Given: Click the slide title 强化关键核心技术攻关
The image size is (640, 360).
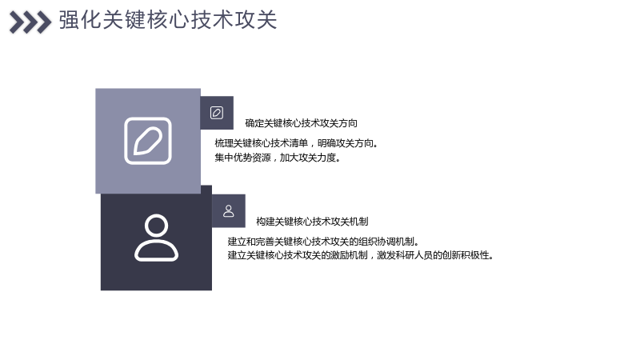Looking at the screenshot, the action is pyautogui.click(x=168, y=19).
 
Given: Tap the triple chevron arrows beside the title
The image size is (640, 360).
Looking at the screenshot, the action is pyautogui.click(x=30, y=22).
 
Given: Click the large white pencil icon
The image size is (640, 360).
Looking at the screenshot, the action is pyautogui.click(x=148, y=141).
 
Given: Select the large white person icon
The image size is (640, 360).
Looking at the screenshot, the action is pyautogui.click(x=156, y=238).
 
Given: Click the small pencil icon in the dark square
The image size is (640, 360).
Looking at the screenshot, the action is pyautogui.click(x=217, y=113).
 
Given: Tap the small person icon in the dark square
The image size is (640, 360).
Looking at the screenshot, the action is pyautogui.click(x=229, y=211).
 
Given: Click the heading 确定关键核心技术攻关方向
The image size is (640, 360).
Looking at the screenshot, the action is pyautogui.click(x=302, y=123).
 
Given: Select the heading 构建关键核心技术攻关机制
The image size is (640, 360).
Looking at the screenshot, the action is pyautogui.click(x=312, y=222).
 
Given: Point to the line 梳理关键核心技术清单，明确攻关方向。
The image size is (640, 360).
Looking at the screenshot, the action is pyautogui.click(x=297, y=143).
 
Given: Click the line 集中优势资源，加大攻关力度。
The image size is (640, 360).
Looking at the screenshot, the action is pyautogui.click(x=278, y=158).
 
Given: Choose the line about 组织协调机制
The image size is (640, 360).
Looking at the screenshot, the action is pyautogui.click(x=323, y=242).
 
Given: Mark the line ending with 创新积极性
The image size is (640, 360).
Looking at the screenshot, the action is pyautogui.click(x=361, y=255).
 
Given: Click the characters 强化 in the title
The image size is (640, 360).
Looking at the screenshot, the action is pyautogui.click(x=80, y=19).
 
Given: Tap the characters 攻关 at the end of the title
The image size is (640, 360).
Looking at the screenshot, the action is pyautogui.click(x=256, y=19).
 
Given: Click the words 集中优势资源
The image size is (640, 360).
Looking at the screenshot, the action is pyautogui.click(x=243, y=158).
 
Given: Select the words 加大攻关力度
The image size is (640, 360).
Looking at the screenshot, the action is pyautogui.click(x=308, y=158).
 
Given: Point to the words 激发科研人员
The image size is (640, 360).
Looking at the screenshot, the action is pyautogui.click(x=405, y=255).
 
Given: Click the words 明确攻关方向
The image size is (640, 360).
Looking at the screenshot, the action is pyautogui.click(x=346, y=143).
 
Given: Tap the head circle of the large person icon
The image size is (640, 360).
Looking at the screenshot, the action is pyautogui.click(x=156, y=226).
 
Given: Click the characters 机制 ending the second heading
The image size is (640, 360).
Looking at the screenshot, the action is pyautogui.click(x=359, y=222).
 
